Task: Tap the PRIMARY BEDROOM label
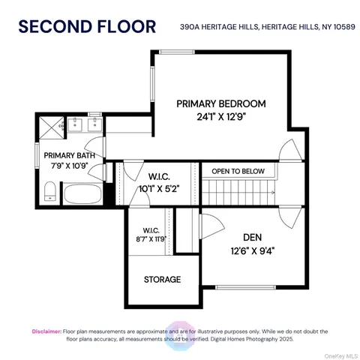(221, 103)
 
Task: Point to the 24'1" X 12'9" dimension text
(221, 117)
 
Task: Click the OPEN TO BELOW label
(238, 171)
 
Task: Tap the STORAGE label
(162, 279)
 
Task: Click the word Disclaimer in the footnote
(46, 331)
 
